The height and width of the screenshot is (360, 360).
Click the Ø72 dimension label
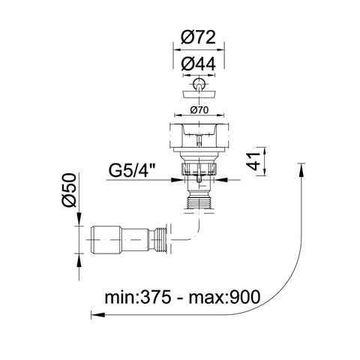198,37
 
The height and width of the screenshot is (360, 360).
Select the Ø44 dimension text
198,64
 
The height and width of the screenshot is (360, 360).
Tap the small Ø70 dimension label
199,110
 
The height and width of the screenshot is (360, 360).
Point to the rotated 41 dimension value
253,161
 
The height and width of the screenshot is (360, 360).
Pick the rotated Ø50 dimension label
68,190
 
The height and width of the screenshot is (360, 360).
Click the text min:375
138,297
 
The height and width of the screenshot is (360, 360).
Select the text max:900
224,297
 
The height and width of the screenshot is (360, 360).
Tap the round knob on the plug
199,82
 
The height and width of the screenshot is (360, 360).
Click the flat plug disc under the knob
199,94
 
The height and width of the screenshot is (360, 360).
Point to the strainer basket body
199,137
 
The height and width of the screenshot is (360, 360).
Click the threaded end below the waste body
199,202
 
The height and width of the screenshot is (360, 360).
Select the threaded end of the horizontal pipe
161,240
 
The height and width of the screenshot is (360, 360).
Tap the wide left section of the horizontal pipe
106,240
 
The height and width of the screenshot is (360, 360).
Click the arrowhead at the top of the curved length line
302,170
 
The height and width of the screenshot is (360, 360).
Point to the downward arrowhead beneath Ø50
79,219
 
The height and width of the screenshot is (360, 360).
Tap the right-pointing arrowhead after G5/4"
176,180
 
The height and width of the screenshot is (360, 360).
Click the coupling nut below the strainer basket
199,169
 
